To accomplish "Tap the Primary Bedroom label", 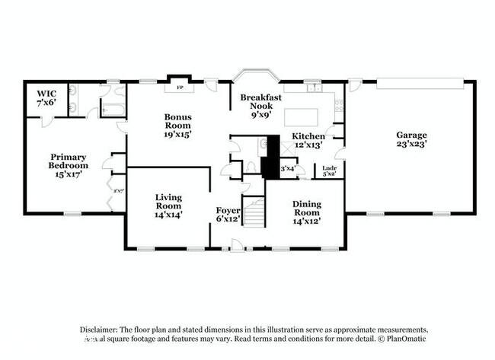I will click(69, 165).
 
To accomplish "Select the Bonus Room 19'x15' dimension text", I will click(178, 133).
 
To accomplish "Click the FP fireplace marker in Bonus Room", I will click(180, 88).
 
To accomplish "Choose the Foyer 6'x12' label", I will click(228, 215).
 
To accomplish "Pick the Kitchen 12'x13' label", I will click(308, 140).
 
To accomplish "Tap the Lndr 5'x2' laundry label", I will click(329, 170).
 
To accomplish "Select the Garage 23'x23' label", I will click(410, 140).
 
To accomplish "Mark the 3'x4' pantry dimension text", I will click(288, 168).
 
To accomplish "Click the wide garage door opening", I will click(418, 81).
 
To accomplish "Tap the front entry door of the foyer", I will click(238, 245).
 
